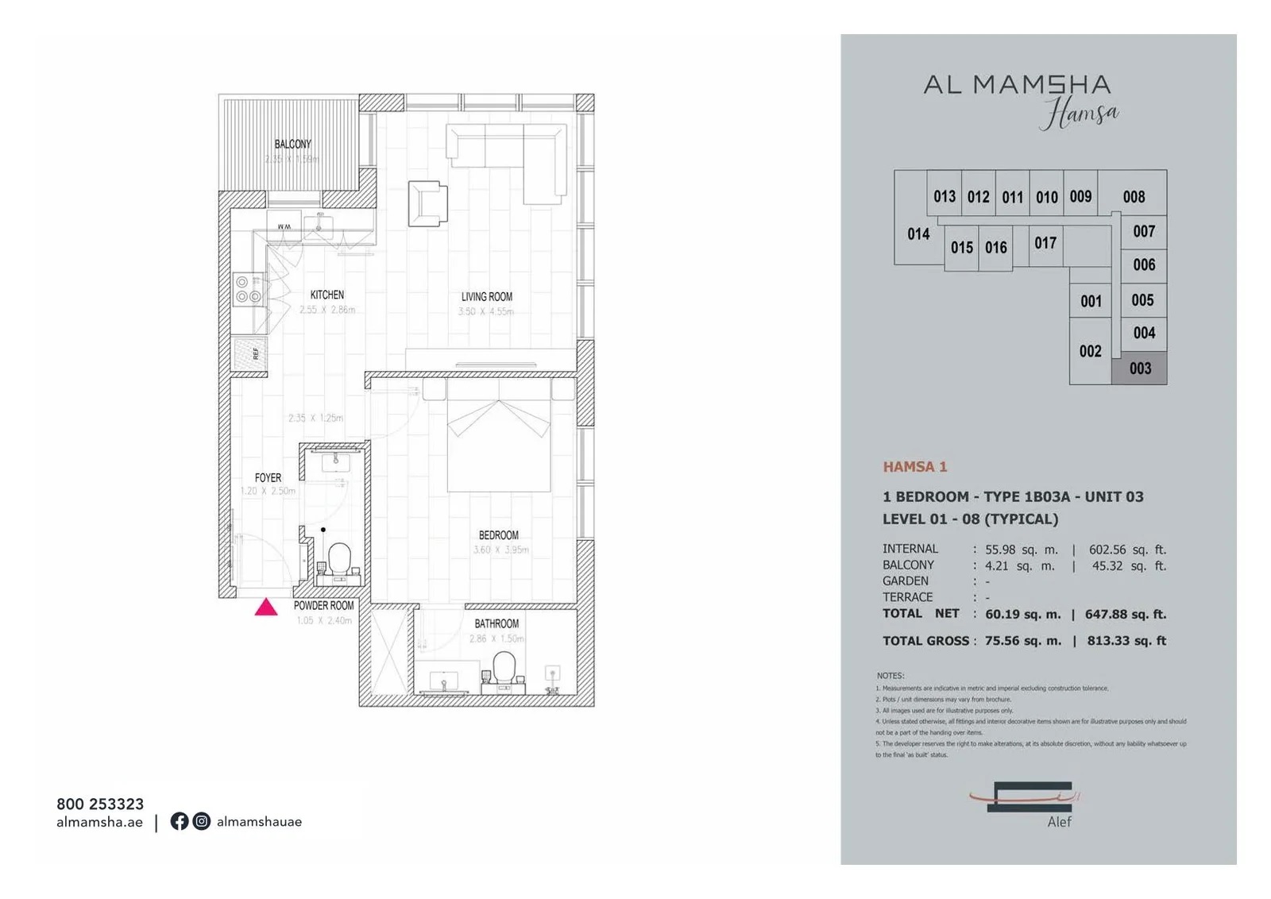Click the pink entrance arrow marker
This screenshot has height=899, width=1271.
pos(266,608)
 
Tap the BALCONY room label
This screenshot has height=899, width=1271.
pos(292,145)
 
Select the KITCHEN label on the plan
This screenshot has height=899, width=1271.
pos(327,295)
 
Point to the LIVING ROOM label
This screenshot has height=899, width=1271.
pos(486,297)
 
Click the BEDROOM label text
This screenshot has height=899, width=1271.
pos(498,535)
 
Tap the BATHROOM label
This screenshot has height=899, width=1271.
pos(496,624)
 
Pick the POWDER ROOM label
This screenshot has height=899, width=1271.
pos(323,606)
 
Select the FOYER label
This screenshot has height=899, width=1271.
pos(268,478)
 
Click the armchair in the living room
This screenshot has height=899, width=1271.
pos(427,203)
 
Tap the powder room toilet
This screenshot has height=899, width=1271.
pos(340,558)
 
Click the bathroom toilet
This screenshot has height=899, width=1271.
pos(504,667)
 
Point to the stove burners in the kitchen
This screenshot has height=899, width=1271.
pos(248,290)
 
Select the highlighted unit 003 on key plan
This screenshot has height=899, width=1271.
pos(1140,368)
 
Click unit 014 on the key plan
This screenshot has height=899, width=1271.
pos(918,234)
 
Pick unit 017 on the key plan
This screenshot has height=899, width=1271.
pos(1045,243)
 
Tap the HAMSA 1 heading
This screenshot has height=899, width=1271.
pos(915,467)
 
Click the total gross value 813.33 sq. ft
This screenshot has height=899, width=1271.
pos(1126,641)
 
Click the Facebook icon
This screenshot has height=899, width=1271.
pos(180,821)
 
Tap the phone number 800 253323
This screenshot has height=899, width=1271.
pos(100,804)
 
